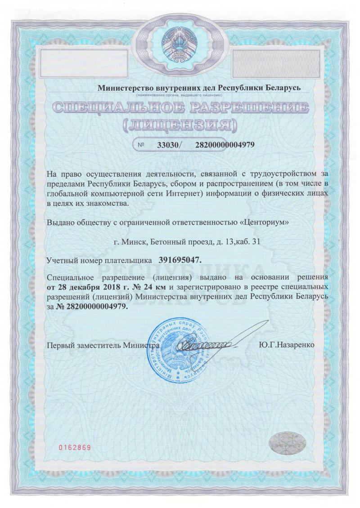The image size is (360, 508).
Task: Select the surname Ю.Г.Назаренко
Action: coord(287,345)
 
